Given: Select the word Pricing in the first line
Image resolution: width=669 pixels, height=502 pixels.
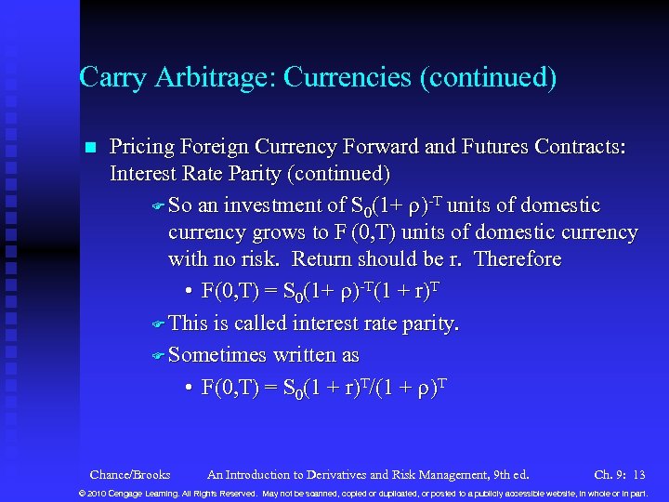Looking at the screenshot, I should point(142,147).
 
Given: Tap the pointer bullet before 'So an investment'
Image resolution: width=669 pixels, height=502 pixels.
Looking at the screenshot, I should point(158,206).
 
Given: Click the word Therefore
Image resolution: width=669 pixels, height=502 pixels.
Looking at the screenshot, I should point(518,258).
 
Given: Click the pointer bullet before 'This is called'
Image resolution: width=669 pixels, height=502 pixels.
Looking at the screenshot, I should point(158,324).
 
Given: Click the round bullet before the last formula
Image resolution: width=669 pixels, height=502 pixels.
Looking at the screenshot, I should point(188,387).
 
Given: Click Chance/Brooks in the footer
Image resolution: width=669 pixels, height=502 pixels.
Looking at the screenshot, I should point(130,474).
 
